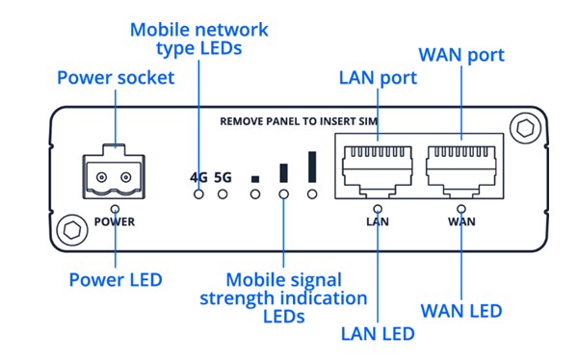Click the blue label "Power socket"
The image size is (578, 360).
tap(116, 78)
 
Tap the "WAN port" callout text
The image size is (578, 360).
tap(461, 55)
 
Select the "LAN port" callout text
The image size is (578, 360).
tap(378, 78)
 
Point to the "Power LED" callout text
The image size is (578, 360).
tap(116, 280)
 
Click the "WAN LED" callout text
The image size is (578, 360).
tap(461, 311)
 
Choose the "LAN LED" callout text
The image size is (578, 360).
tap(378, 334)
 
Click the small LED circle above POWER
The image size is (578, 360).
tap(116, 209)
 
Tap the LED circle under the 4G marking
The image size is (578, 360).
tap(198, 194)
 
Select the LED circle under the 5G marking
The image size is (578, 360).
tap(223, 194)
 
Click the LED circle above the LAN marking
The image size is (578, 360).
tap(378, 209)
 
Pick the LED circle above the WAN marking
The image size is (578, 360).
tap(461, 209)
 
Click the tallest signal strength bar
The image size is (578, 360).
tap(312, 167)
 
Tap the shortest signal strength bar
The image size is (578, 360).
tap(255, 179)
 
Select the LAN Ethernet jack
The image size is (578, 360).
tap(377, 169)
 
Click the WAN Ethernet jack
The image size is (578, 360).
tap(460, 169)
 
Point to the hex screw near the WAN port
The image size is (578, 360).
tap(525, 128)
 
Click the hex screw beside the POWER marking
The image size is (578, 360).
tap(72, 230)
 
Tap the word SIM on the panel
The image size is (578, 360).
tap(368, 121)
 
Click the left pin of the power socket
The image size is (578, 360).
tap(102, 178)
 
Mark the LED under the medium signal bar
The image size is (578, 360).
tap(283, 194)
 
